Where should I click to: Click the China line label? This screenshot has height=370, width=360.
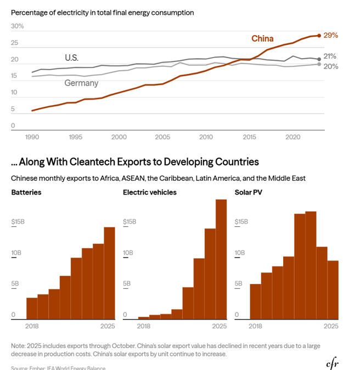tap(262, 38)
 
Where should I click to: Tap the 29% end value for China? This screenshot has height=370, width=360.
tap(330, 35)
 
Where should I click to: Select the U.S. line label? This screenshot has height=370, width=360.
tap(71, 58)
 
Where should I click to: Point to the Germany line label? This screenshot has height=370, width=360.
tap(81, 83)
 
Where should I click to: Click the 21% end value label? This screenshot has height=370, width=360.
tap(330, 56)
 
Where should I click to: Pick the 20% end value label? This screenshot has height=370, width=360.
tap(330, 66)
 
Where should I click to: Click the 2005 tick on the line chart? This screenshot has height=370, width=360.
tap(162, 137)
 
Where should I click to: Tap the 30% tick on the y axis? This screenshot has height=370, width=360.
tap(17, 26)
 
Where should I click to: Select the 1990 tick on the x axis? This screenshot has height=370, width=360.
tap(32, 137)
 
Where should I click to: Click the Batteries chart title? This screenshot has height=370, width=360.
tap(26, 192)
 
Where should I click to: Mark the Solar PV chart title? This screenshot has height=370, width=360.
tap(250, 192)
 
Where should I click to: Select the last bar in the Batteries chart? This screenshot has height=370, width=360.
tap(109, 273)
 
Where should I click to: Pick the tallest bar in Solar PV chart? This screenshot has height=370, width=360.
tap(311, 265)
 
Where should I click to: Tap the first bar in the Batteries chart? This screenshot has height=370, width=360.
tap(32, 308)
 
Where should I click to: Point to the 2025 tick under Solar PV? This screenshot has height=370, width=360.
tap(331, 326)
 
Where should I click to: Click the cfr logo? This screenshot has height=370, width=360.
tap(333, 363)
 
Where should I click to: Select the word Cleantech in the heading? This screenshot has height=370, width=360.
tap(96, 162)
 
